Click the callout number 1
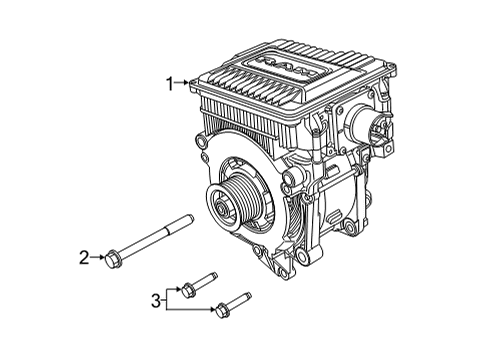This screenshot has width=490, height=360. (x=171, y=82)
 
